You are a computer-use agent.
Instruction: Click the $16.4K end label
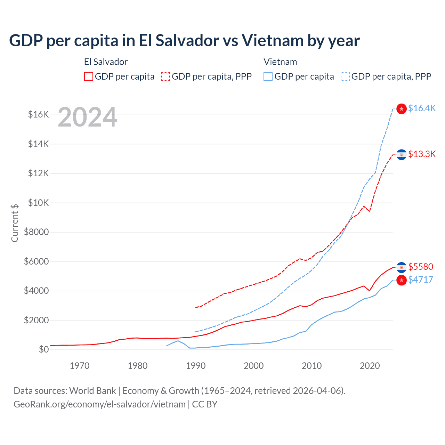pyautogui.click(x=422, y=108)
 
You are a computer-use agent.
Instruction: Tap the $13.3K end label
pyautogui.click(x=422, y=154)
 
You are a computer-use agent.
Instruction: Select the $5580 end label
pyautogui.click(x=421, y=267)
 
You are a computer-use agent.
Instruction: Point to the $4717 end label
pyautogui.click(x=421, y=280)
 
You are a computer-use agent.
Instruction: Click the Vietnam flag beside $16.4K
pyautogui.click(x=402, y=109)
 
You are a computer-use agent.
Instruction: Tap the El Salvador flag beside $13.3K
pyautogui.click(x=402, y=154)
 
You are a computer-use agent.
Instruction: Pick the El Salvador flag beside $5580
pyautogui.click(x=402, y=267)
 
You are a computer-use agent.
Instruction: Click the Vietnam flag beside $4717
pyautogui.click(x=402, y=280)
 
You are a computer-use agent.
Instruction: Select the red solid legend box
pyautogui.click(x=89, y=76)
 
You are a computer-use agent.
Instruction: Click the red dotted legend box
pyautogui.click(x=166, y=76)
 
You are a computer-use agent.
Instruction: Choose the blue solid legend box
pyautogui.click(x=268, y=76)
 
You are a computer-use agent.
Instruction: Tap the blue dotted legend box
pyautogui.click(x=345, y=76)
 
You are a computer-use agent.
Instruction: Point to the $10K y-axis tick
pyautogui.click(x=38, y=203)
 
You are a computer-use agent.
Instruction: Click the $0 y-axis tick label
pyautogui.click(x=43, y=349)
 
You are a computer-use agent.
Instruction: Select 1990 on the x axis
pyautogui.click(x=196, y=366)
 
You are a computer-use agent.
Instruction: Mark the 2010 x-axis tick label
pyautogui.click(x=312, y=366)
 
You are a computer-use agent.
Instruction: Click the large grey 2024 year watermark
pyautogui.click(x=87, y=118)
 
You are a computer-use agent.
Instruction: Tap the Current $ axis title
pyautogui.click(x=15, y=223)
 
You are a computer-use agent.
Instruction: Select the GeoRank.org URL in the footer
pyautogui.click(x=99, y=404)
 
